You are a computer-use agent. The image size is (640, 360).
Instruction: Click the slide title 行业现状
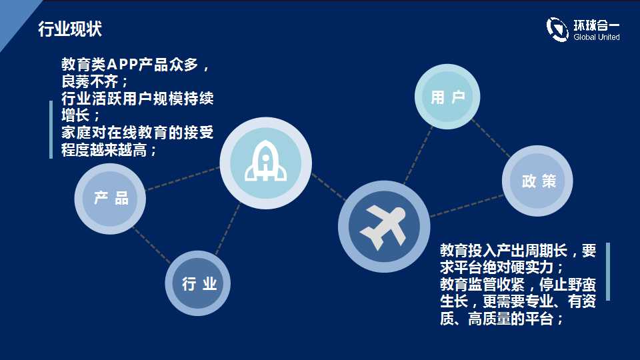coord(70,29)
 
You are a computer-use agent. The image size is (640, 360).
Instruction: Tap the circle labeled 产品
coord(110,199)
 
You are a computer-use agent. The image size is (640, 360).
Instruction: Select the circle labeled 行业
coord(198,283)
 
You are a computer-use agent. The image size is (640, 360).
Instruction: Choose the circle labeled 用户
coord(447,97)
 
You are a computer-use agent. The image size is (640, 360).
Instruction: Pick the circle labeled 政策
coord(537,181)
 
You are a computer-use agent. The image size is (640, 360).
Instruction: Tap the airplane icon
coord(383,227)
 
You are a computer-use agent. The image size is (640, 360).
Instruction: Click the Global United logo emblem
coord(557,29)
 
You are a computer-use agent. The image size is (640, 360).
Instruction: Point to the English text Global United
coord(596,37)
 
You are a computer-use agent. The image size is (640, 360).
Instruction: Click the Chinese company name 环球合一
coord(596,25)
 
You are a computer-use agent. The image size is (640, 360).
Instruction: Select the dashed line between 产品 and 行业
coord(152,245)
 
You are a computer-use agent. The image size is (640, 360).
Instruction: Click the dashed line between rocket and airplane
coord(329,187)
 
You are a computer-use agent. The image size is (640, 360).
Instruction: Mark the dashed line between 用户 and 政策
coord(491,139)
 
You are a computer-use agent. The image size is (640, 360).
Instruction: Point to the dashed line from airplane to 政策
coord(467,206)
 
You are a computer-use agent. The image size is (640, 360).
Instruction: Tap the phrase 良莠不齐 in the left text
coord(89,81)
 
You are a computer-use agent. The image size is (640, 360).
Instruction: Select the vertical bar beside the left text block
coord(51,129)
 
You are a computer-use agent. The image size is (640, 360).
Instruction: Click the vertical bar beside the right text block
coord(608,271)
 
